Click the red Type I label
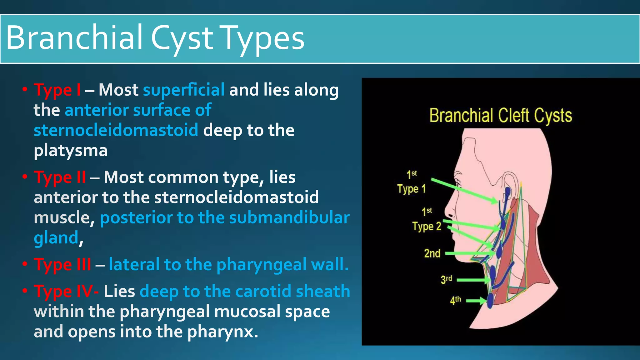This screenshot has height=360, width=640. point(57,90)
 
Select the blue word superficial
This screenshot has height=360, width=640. point(183,90)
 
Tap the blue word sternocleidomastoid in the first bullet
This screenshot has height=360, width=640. point(116,130)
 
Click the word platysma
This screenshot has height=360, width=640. point(71,151)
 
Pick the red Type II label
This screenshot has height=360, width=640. point(60,177)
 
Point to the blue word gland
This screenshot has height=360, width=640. point(56,238)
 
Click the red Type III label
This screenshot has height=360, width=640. point(62,265)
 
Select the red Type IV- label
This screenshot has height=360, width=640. point(66,291)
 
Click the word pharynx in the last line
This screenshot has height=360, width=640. point(222,332)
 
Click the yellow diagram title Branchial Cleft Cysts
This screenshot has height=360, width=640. point(500,116)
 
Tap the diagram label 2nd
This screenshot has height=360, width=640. point(432,253)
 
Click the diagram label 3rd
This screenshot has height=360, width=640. point(446,279)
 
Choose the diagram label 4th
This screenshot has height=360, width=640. point(455,300)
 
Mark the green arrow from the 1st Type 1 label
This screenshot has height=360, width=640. point(464,190)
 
